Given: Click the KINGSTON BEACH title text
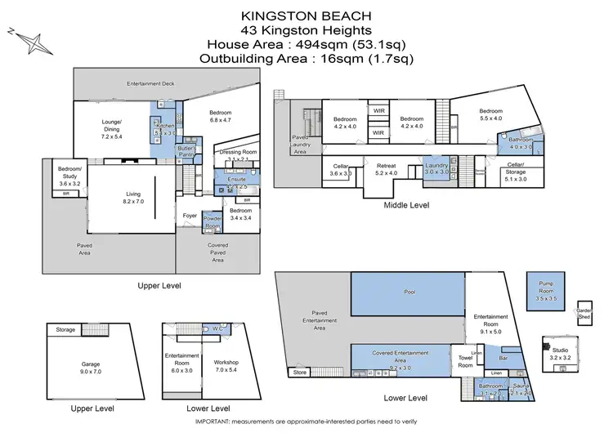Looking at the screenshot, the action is coord(306,15).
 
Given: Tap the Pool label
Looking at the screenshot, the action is coord(410,291).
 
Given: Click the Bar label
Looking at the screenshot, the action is coord(504,358).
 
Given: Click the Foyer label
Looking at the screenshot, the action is coord(189,216).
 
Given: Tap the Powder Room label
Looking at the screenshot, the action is coord(213,222).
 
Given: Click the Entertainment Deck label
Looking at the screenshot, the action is coord(154,84).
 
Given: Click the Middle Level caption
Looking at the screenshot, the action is coord(406,206).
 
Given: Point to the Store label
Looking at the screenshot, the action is coord(300,373).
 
